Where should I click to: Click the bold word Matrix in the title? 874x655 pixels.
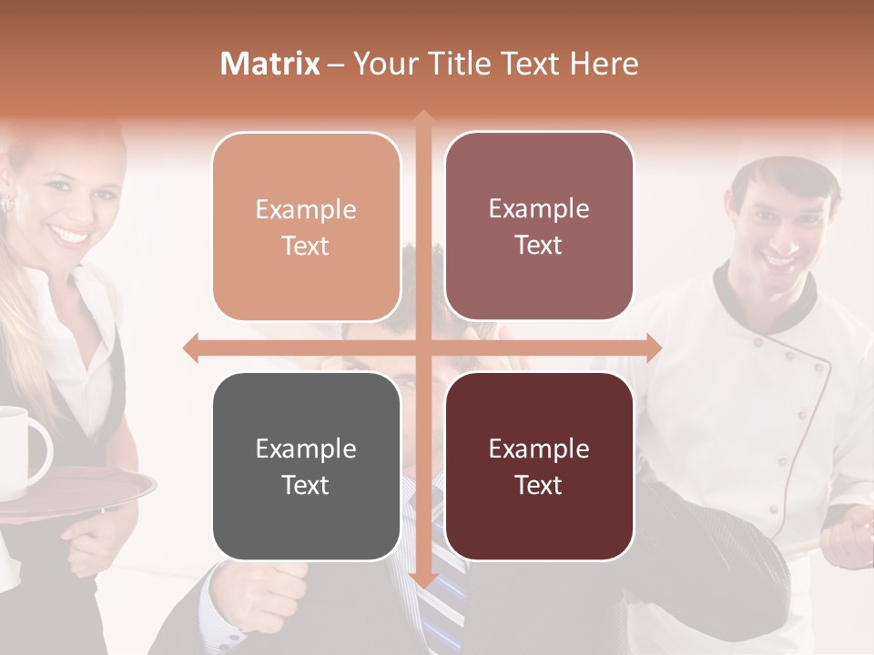(x=270, y=64)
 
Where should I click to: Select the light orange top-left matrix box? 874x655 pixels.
(x=306, y=227)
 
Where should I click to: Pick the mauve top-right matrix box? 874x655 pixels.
(x=539, y=227)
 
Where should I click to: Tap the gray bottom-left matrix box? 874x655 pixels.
(x=306, y=466)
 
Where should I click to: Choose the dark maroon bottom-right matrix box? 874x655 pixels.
(x=539, y=466)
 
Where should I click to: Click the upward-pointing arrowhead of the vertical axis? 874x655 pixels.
(x=422, y=118)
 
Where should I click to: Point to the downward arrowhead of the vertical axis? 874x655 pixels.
(x=422, y=579)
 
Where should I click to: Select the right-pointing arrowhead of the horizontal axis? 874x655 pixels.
(x=652, y=348)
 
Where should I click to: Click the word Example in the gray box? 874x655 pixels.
(x=306, y=448)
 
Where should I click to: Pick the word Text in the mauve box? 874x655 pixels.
(x=539, y=246)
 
